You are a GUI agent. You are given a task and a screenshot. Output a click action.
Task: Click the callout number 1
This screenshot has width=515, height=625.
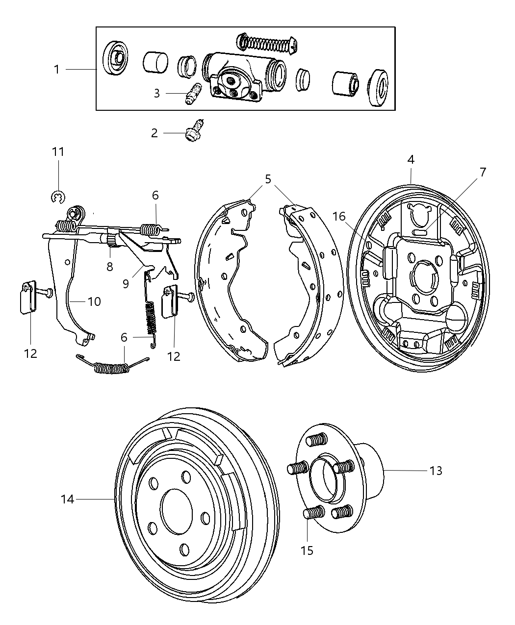pyautogui.click(x=56, y=70)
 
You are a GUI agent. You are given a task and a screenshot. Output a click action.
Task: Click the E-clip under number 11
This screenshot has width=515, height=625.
pyautogui.click(x=58, y=197)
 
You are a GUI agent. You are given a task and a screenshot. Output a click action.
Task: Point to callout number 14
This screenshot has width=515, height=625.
pyautogui.click(x=67, y=499)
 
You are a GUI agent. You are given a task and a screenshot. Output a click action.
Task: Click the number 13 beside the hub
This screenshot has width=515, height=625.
pyautogui.click(x=436, y=471)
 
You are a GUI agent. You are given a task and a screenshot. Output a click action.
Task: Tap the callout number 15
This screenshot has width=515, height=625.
pyautogui.click(x=307, y=550)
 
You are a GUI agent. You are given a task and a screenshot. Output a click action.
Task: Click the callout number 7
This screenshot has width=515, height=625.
pyautogui.click(x=483, y=172)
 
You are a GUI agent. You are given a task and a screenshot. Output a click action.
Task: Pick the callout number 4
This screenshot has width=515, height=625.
pyautogui.click(x=411, y=159)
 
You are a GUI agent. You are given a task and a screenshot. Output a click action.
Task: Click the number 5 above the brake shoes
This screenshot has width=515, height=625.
pyautogui.click(x=268, y=179)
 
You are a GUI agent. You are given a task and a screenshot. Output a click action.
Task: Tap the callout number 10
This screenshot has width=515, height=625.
pyautogui.click(x=94, y=301)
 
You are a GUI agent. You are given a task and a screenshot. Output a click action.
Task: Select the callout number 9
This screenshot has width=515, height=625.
pyautogui.click(x=126, y=283)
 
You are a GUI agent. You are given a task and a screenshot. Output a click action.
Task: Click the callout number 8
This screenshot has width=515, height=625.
pyautogui.click(x=110, y=266)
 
